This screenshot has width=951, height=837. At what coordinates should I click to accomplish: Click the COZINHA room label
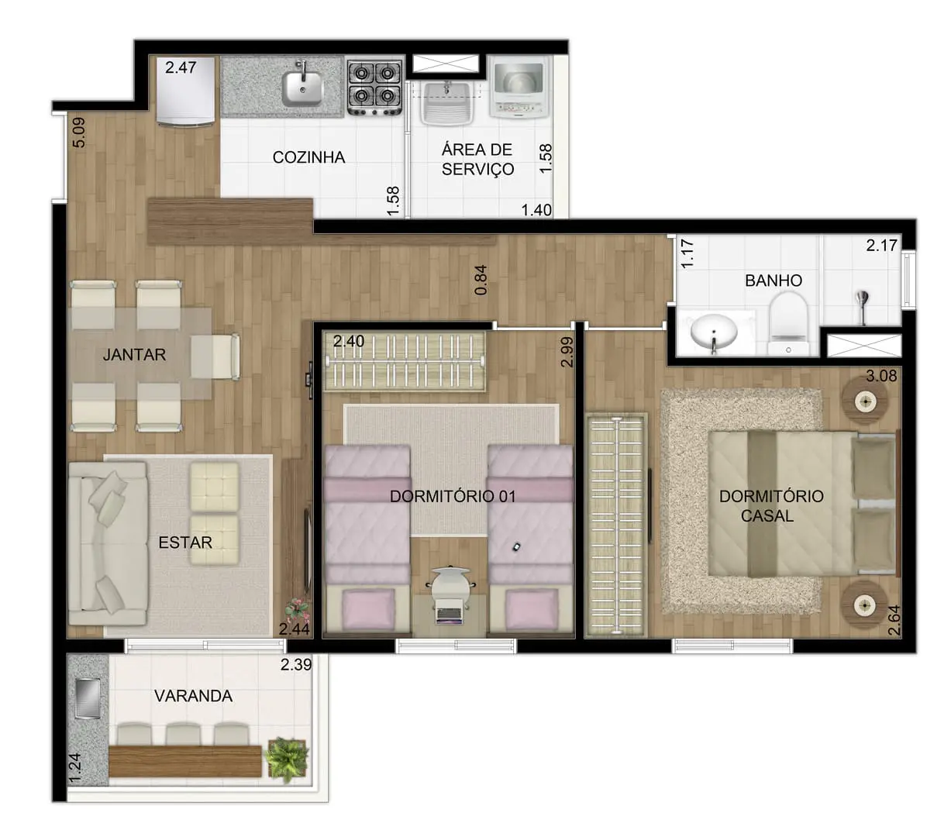coord(308,157)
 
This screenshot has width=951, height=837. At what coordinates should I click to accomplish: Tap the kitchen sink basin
coord(301,88)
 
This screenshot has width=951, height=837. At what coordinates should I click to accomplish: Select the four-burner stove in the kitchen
coord(374,88)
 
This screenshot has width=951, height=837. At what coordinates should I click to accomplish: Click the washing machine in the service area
coord(519,88)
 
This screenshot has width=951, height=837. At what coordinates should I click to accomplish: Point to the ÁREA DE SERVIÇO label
coord(477,159)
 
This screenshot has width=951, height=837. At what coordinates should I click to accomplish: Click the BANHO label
coord(773,281)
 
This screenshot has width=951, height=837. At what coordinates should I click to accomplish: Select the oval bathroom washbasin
coord(714,331)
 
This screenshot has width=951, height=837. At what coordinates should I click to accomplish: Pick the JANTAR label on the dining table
coord(134,354)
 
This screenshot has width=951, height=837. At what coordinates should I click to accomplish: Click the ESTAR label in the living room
coord(185,542)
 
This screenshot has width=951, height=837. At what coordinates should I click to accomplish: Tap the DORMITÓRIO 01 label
coord(453,496)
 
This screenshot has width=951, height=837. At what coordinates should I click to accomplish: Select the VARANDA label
coord(194,696)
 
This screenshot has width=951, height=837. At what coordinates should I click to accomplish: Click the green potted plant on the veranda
coord(286,759)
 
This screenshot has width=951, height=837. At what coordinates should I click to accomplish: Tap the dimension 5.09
coord(79,133)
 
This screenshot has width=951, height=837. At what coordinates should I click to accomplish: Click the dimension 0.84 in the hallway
coord(481,281)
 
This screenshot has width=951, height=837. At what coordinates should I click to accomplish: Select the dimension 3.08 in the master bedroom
coord(881,376)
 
